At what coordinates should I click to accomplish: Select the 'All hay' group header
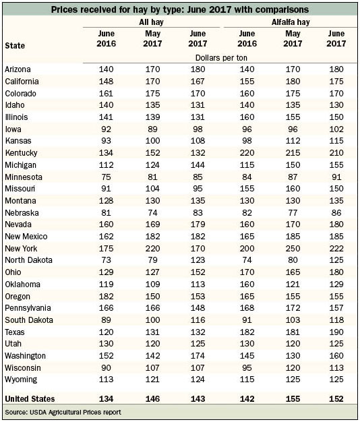151,22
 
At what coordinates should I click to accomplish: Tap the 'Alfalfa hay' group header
291,22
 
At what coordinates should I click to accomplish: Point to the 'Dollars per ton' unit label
221,58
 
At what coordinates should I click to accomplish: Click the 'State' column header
15,45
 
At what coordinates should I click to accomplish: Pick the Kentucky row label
21,153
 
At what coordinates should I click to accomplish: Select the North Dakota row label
28,260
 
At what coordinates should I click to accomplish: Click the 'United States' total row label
30,399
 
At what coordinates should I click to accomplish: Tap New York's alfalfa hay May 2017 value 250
293,248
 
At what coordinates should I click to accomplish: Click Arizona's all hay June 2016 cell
106,69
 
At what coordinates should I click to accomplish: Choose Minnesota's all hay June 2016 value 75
106,177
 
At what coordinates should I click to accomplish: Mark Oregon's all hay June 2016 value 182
106,297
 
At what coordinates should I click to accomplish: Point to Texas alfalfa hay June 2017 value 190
336,332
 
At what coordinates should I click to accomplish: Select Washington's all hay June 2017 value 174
198,356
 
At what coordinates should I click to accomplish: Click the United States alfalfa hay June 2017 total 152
336,399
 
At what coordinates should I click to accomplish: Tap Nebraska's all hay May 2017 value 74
152,213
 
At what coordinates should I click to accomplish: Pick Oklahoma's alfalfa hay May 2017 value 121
293,284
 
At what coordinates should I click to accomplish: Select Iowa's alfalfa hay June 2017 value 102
336,129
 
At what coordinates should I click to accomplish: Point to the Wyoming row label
21,380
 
